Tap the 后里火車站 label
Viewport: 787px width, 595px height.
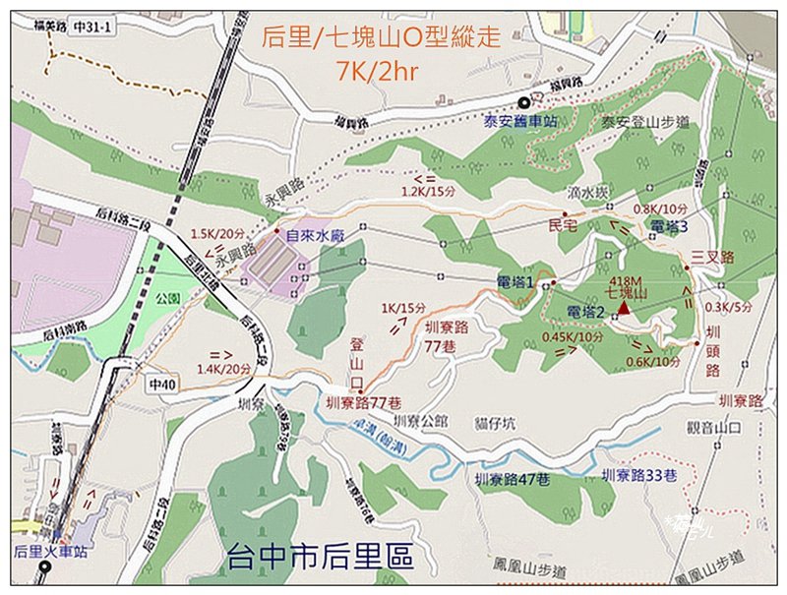51,552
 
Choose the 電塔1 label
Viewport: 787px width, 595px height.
515,282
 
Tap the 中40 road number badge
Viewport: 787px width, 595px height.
159,379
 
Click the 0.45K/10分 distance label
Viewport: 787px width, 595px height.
572,336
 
